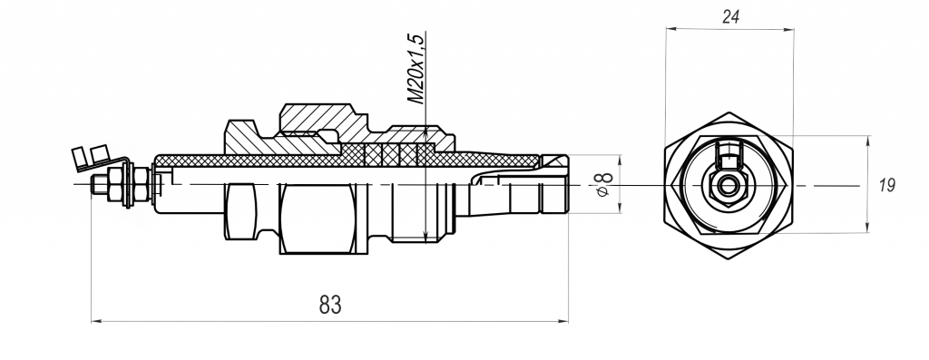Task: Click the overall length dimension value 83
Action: (x=330, y=305)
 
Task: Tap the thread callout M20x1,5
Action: (x=416, y=69)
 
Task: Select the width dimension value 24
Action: (x=730, y=17)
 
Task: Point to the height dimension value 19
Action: (x=887, y=185)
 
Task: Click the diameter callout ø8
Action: (x=602, y=185)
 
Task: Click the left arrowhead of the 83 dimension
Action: (x=96, y=322)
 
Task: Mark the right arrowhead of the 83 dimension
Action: (x=563, y=322)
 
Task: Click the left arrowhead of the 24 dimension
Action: (x=670, y=28)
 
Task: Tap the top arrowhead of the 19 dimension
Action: (x=868, y=141)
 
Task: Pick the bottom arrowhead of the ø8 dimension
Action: (x=621, y=208)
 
